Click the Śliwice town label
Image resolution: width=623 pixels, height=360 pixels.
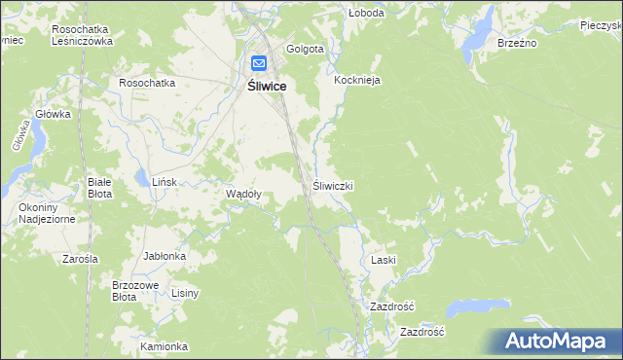pyautogui.click(x=260, y=87)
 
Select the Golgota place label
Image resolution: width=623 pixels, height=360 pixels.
pyautogui.click(x=305, y=50)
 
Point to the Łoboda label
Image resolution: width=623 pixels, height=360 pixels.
pyautogui.click(x=367, y=14)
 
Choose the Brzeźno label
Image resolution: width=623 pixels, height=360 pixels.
pyautogui.click(x=517, y=44)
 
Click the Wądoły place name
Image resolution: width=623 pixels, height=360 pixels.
pyautogui.click(x=243, y=194)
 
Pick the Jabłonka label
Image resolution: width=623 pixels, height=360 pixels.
pyautogui.click(x=165, y=257)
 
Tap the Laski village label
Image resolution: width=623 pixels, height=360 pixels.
pyautogui.click(x=383, y=261)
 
